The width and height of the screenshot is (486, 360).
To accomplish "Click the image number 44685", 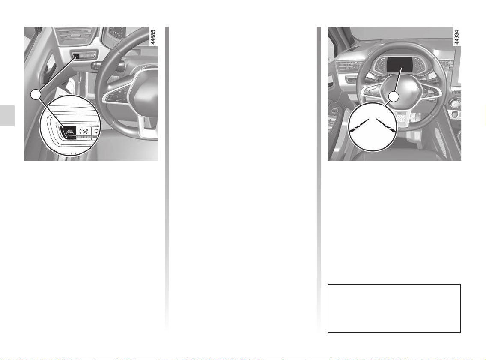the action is click(x=153, y=37).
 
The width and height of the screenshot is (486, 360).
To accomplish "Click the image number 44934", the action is click(x=456, y=37).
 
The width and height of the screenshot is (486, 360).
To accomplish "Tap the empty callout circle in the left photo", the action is click(x=36, y=94).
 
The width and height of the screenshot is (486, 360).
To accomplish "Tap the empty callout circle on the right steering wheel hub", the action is click(x=394, y=97).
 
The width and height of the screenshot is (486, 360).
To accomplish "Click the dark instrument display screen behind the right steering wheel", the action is click(x=400, y=65).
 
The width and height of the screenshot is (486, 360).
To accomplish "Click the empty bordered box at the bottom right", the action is click(x=394, y=309).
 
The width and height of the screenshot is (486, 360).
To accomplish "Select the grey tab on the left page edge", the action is click(x=7, y=116).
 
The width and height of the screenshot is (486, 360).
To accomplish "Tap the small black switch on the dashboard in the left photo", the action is click(x=77, y=56).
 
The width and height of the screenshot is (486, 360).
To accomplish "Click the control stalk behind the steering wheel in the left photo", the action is click(x=102, y=66).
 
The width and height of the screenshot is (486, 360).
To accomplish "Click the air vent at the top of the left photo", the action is click(x=74, y=36).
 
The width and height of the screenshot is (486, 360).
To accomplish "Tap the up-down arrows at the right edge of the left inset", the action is click(x=96, y=131).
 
